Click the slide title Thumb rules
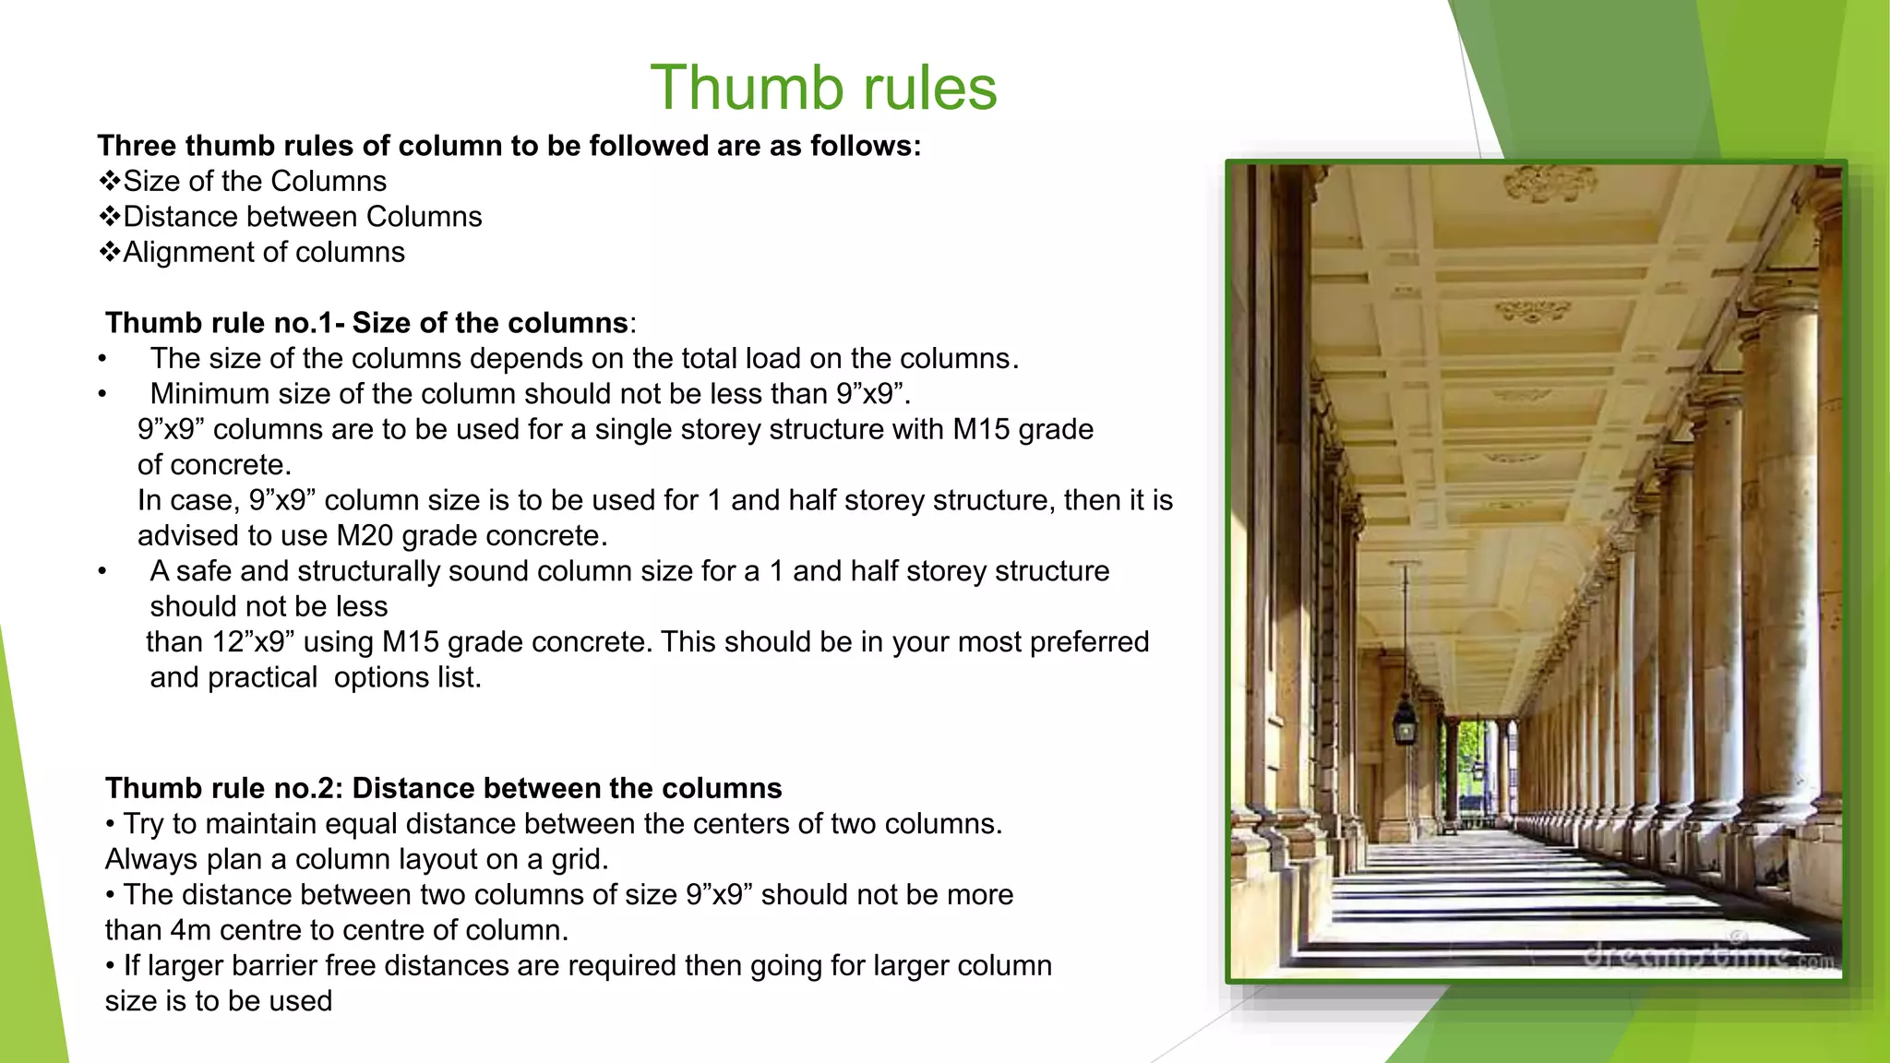coord(823,88)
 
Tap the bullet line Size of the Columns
coord(255,181)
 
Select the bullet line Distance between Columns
coord(302,217)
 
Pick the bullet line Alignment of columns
coord(264,252)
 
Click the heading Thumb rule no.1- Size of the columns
coord(367,323)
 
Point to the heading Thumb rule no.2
coord(443,788)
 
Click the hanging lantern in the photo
coord(1405,720)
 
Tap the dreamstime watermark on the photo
coord(1707,955)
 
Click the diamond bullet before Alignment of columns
coord(110,252)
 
